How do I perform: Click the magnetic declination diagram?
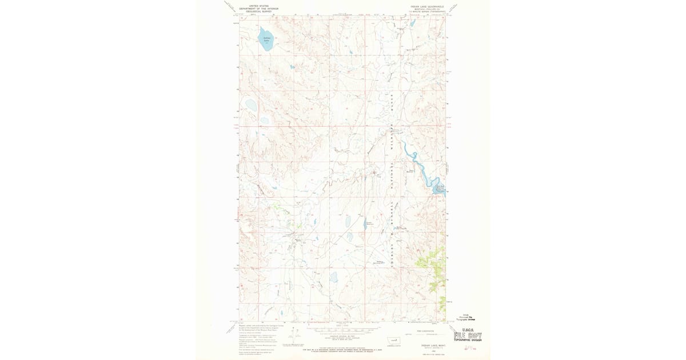297,337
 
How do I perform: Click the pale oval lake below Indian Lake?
250,105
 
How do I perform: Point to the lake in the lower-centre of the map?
334,277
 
